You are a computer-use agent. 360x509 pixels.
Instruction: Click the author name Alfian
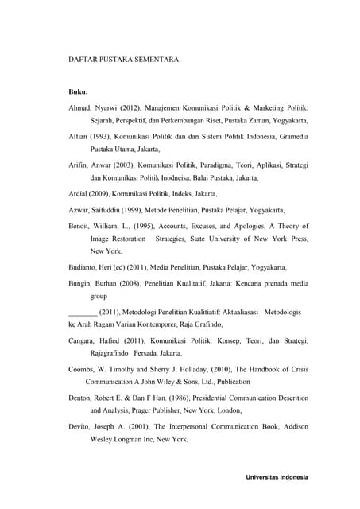coord(82,136)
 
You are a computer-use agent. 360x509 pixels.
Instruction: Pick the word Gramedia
coord(289,136)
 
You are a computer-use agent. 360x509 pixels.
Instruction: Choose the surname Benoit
coord(83,225)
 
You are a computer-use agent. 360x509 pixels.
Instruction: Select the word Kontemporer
coord(176,324)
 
